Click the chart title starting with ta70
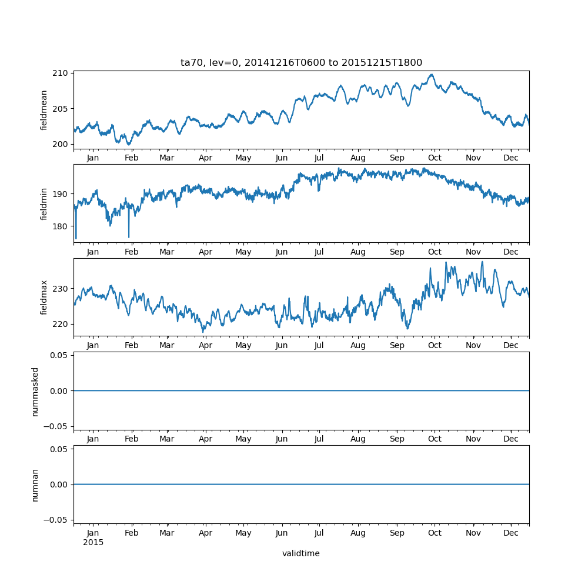[301, 63]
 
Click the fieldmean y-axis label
[44, 110]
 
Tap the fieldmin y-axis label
[44, 203]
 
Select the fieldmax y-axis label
[44, 297]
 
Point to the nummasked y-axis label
[35, 391]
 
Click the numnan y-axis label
[35, 485]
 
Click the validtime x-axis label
[301, 553]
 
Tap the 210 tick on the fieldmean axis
[62, 73]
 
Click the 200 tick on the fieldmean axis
[62, 144]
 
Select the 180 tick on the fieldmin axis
[62, 226]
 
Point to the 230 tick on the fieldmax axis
[62, 289]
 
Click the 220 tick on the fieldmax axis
[62, 324]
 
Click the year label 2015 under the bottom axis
[93, 542]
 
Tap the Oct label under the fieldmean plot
[435, 158]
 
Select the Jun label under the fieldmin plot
[282, 252]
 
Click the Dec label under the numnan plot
[511, 533]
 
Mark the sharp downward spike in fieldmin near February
[129, 237]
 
